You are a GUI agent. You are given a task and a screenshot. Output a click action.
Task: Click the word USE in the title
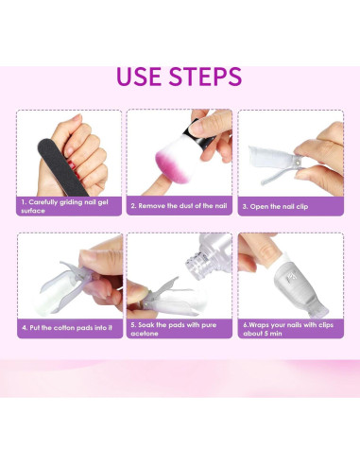[x=143, y=77]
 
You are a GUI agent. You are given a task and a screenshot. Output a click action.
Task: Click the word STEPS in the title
[x=208, y=77]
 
